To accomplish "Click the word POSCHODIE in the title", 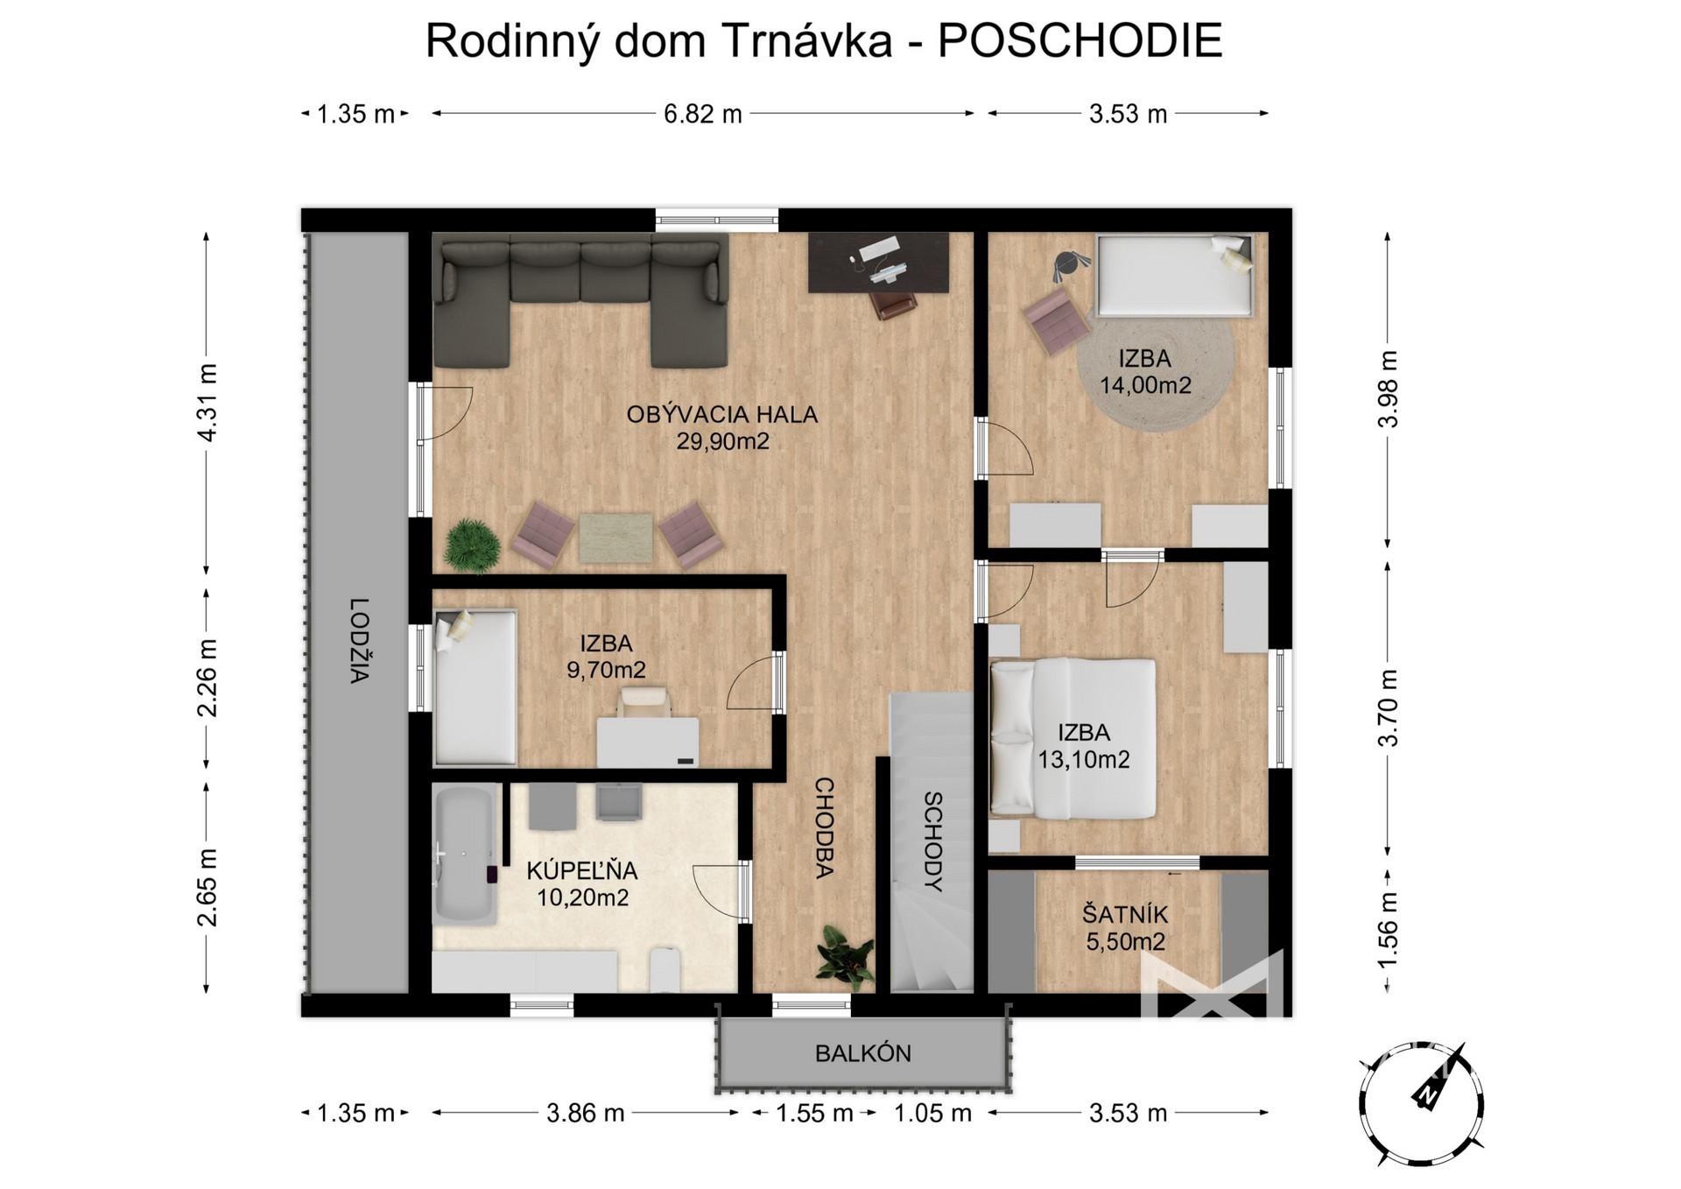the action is (1080, 40).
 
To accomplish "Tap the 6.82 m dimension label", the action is (702, 114).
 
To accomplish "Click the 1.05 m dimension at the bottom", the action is (932, 1113).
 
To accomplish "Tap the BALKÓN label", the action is (863, 1052).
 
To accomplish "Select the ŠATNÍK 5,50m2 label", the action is (1126, 928).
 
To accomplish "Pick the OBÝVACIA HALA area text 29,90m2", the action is (722, 440).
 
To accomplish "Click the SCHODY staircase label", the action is (933, 841).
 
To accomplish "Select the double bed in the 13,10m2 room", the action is (1073, 739).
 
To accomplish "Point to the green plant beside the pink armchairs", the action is (473, 545).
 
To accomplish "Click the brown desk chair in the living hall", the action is (893, 304).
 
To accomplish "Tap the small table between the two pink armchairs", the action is (615, 538).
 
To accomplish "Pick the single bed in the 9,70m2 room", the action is (475, 687).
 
